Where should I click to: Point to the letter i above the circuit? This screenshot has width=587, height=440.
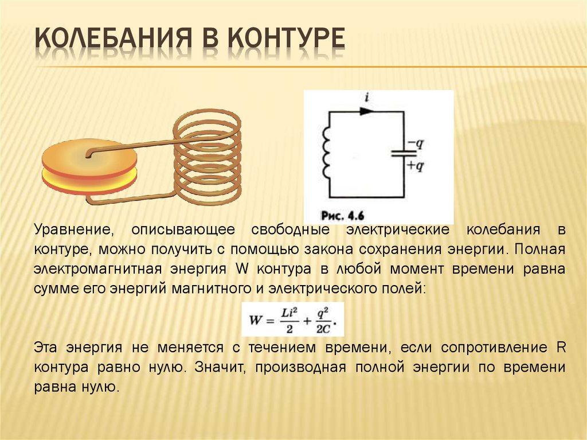365,98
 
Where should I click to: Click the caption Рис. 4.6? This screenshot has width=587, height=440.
343,216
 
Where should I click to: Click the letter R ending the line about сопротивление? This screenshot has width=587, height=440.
561,348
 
